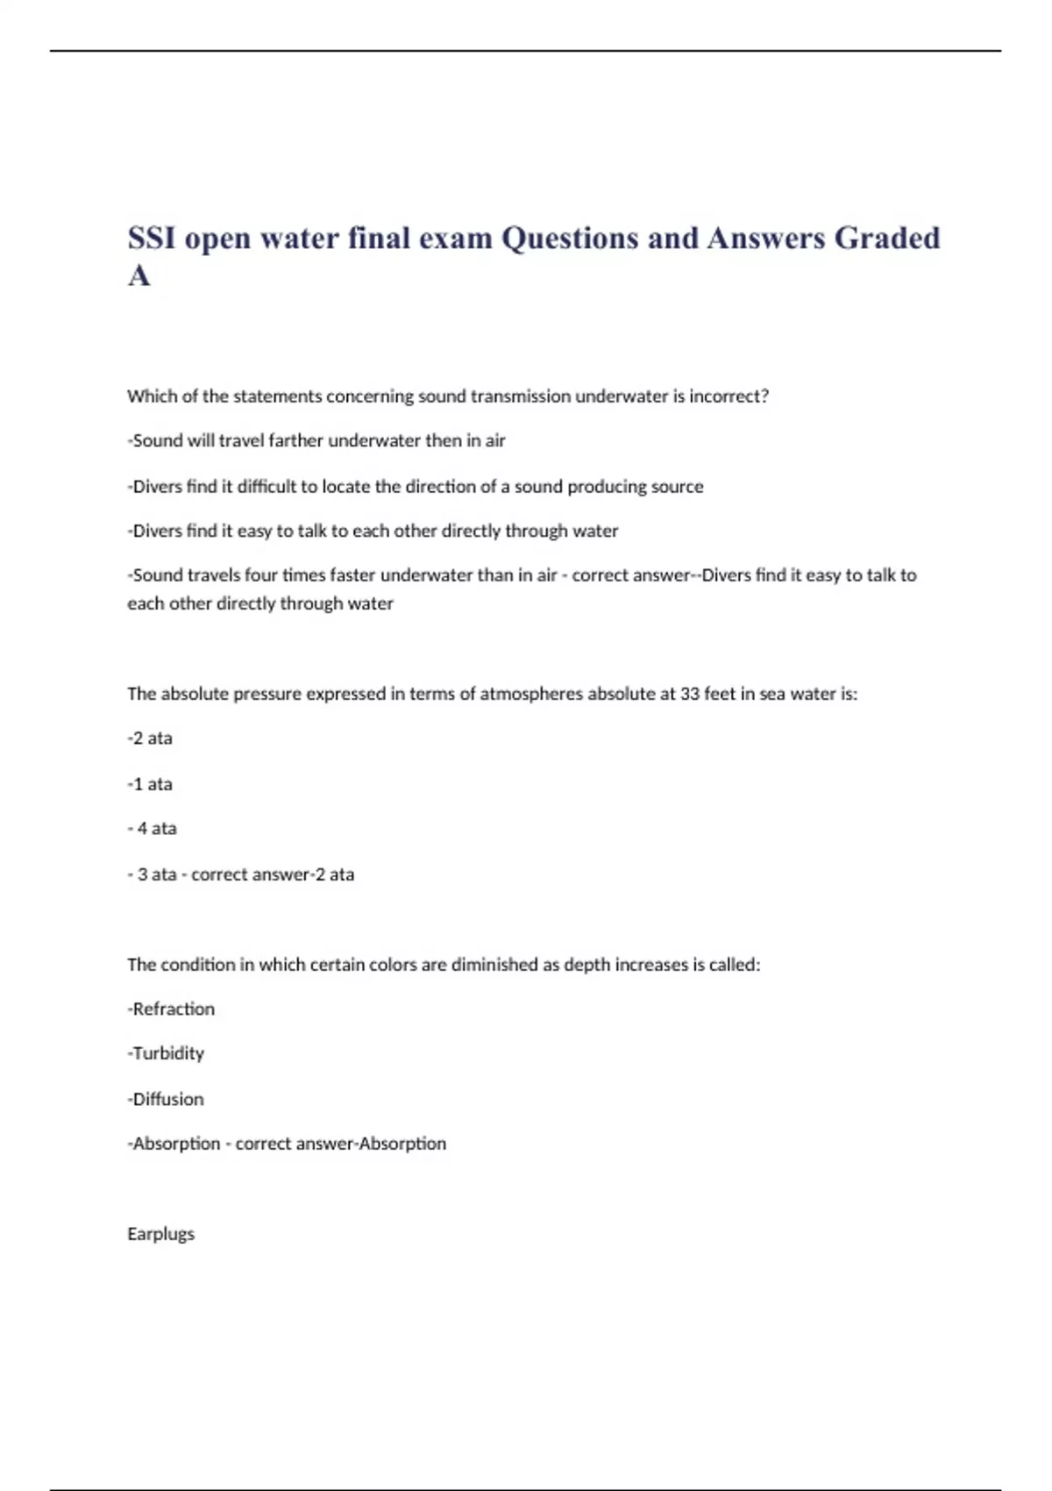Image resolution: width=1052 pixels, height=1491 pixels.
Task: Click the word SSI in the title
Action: point(152,238)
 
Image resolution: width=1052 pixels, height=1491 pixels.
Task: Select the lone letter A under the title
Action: point(139,275)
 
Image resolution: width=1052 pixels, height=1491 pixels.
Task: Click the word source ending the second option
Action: point(675,487)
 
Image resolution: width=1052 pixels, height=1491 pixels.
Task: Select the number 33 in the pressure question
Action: point(689,694)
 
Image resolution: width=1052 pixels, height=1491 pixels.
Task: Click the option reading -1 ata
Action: point(150,784)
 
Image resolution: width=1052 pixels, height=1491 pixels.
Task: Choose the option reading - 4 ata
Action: point(152,829)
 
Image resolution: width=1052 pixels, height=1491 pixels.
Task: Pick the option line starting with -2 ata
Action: point(150,738)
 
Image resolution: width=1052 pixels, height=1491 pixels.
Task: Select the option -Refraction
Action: point(171,1009)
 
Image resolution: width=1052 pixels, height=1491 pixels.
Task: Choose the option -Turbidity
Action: point(166,1053)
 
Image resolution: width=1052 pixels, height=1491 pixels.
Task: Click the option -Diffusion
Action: point(166,1100)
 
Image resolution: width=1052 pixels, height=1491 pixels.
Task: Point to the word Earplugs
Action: point(161,1234)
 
